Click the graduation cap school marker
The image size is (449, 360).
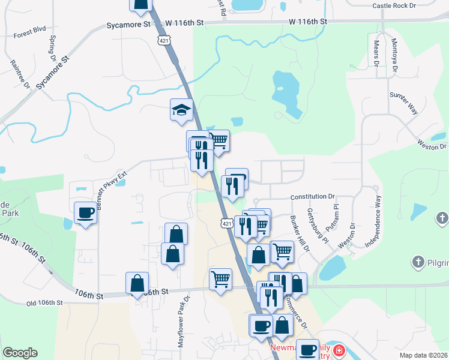click(x=181, y=110)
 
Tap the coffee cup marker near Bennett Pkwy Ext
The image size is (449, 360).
click(x=85, y=212)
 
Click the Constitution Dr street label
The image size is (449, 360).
click(x=312, y=197)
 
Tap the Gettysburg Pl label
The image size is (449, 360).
click(x=318, y=226)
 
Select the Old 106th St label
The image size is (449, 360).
click(x=44, y=304)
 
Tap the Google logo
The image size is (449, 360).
click(x=20, y=353)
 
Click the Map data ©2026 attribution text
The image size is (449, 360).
click(x=423, y=355)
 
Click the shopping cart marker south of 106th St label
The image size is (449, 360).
click(x=220, y=279)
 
